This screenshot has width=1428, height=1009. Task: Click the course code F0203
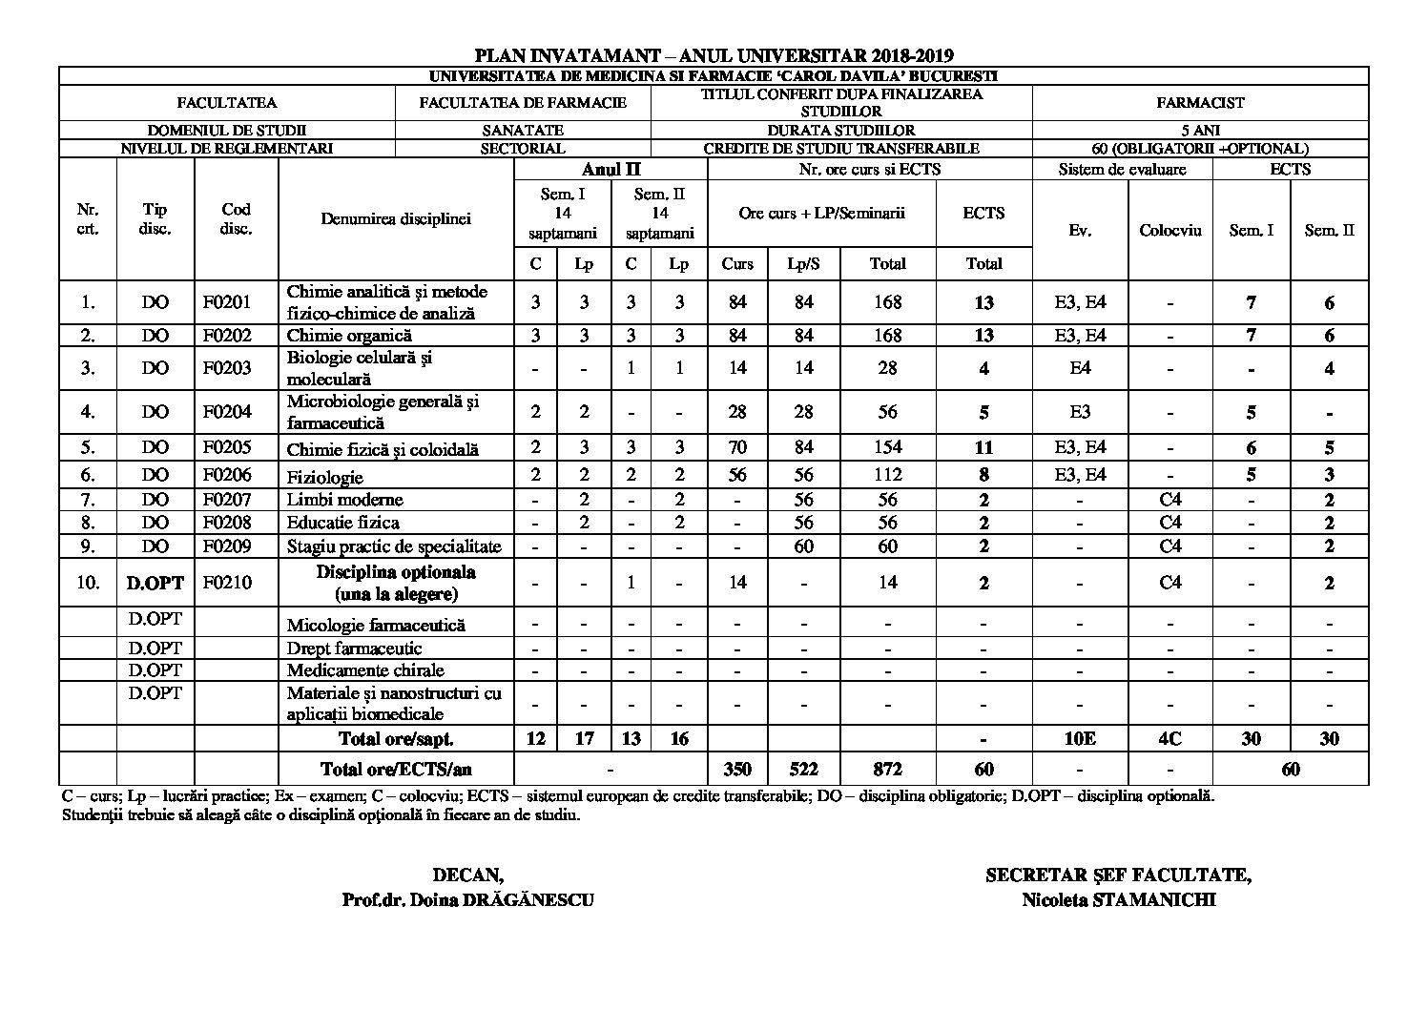[227, 368]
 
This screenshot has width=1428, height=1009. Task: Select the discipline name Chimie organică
[349, 336]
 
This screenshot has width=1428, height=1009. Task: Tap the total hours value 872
[887, 769]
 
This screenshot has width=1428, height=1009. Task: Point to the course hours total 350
[736, 769]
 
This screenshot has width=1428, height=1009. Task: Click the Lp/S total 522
[804, 769]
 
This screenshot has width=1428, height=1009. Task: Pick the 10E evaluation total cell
[1079, 738]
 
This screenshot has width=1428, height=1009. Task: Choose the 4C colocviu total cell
[1170, 738]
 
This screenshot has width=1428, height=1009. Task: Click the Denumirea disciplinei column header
[396, 218]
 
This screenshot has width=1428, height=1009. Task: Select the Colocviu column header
[1170, 230]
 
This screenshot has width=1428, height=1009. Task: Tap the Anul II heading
[611, 170]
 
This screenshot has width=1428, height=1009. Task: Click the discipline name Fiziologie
[325, 476]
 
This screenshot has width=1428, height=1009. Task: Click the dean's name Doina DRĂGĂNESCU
[467, 900]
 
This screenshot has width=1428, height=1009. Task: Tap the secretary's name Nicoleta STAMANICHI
[1118, 900]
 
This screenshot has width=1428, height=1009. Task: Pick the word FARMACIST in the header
[1200, 102]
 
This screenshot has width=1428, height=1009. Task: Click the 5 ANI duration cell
[1200, 130]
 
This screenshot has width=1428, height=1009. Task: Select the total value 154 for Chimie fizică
[887, 447]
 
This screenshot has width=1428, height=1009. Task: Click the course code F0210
[227, 582]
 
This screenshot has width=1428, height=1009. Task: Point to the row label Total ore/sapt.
[396, 738]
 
